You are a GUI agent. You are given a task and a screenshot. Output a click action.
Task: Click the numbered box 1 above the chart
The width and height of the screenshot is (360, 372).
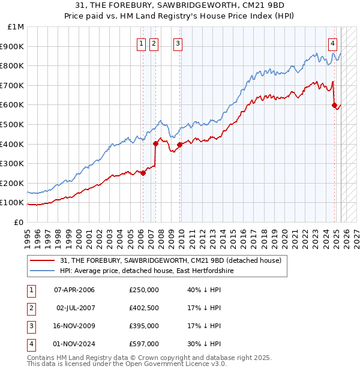pos(141,43)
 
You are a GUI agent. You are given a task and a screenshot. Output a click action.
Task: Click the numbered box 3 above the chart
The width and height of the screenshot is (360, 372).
pos(178,43)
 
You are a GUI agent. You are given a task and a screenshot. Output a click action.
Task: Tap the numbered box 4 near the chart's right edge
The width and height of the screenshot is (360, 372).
pos(332,43)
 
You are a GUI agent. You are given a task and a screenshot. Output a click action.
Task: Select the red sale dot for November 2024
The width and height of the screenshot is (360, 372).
pos(334,105)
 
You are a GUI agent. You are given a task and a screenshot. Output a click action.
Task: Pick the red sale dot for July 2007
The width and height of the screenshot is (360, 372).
pos(155,143)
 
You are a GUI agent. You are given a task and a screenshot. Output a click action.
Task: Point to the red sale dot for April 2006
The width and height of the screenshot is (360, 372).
pos(143,173)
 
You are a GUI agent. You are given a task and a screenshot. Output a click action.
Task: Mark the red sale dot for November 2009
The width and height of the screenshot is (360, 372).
pos(179,145)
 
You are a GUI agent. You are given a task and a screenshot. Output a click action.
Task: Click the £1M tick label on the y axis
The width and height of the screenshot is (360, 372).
pos(16,27)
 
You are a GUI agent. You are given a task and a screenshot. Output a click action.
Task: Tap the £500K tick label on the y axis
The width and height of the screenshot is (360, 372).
pos(13,124)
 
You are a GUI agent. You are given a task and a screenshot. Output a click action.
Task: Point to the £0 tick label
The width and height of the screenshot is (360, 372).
pos(19,222)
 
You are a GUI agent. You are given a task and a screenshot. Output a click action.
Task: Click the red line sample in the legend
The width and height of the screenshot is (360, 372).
pos(43,260)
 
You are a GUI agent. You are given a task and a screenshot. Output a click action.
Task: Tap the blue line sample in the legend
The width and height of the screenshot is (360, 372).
pos(43,271)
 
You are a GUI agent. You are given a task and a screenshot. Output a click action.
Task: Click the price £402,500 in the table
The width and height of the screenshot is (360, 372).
pos(144,308)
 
